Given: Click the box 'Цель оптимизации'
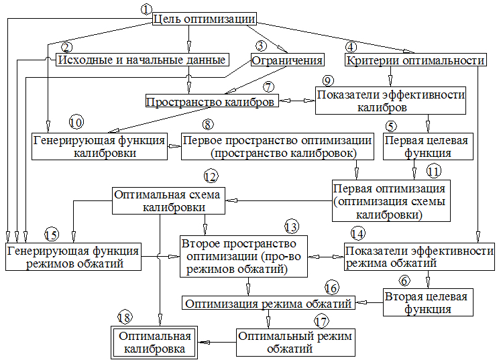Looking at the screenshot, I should coord(204,18).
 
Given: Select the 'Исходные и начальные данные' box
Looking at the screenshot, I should coord(140,60).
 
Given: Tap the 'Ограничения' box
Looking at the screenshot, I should coord(284,60).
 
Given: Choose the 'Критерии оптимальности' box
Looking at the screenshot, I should coord(415,60).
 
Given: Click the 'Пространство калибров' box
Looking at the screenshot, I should coord(211,102).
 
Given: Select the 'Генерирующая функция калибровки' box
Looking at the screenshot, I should coord(99,146).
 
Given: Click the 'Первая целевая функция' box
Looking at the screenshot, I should coord(426,146).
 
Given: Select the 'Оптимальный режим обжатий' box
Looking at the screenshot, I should coord(295,342).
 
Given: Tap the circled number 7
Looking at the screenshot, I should coord(268,87).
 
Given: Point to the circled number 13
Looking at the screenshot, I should coord(290,226).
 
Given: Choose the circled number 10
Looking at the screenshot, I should coord(76,123).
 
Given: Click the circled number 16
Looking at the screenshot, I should coord(331,288).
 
